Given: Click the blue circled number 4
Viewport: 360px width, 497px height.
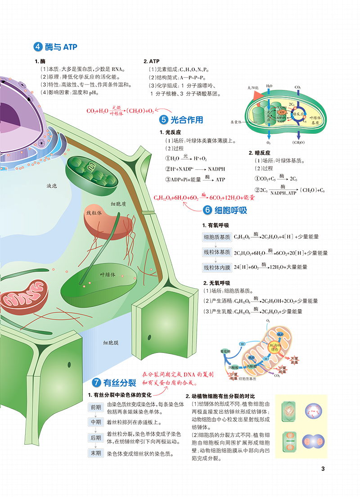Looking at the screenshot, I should pyautogui.click(x=39, y=47).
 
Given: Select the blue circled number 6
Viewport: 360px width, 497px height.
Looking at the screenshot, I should pyautogui.click(x=207, y=210).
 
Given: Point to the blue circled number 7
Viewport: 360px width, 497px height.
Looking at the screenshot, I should pyautogui.click(x=96, y=383).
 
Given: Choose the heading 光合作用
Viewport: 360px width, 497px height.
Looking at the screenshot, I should pyautogui.click(x=187, y=120).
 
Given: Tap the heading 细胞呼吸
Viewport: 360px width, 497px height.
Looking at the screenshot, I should pyautogui.click(x=231, y=210).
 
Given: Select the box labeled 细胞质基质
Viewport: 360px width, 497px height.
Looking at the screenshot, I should pyautogui.click(x=217, y=237).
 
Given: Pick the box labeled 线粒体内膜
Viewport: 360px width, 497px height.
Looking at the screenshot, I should pyautogui.click(x=217, y=267).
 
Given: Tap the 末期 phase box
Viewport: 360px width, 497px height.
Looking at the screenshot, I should pyautogui.click(x=96, y=453).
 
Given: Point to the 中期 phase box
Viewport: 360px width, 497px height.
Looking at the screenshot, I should pyautogui.click(x=96, y=422).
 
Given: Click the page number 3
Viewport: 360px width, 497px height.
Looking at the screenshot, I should pyautogui.click(x=323, y=469).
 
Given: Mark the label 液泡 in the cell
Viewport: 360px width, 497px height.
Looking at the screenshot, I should pyautogui.click(x=52, y=185).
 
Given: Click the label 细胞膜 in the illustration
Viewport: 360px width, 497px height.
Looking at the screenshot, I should pyautogui.click(x=111, y=343).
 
